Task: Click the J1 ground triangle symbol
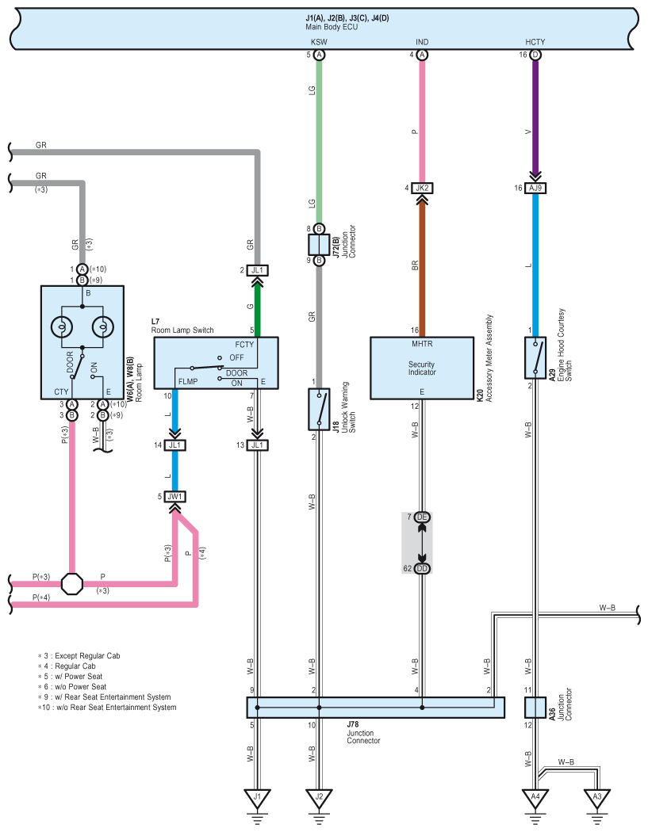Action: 257,798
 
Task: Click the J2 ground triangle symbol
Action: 319,798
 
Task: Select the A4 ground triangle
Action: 535,798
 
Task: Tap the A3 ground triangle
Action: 597,798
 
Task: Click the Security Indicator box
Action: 422,368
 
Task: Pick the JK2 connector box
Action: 422,188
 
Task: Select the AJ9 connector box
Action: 535,188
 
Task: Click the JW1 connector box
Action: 174,497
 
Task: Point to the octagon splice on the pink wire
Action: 72,584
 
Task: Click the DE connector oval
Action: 422,517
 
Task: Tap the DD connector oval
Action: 422,568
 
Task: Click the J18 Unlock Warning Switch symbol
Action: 319,409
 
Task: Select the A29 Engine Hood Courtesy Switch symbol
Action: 535,357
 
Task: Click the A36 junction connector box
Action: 535,708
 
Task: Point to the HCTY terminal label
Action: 535,42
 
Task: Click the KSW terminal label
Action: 319,42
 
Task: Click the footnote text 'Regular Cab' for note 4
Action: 75,666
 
